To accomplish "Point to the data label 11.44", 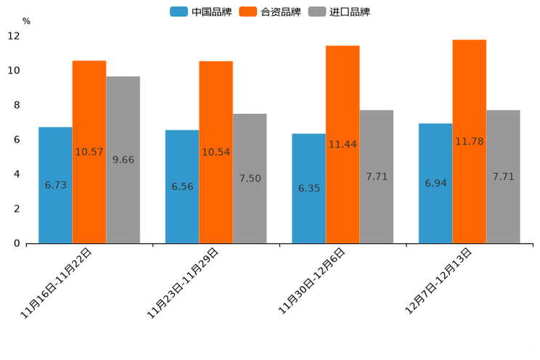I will tap(343, 144).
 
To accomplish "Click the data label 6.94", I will tap(435, 183).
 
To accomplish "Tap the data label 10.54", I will tap(216, 152).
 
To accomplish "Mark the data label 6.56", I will tap(182, 187).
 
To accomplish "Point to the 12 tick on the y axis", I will tap(14, 36).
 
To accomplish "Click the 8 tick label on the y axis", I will tap(17, 105).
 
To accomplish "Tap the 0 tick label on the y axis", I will tap(17, 243).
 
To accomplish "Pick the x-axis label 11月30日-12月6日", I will tap(311, 281).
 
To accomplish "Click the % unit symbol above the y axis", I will tap(26, 21).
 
